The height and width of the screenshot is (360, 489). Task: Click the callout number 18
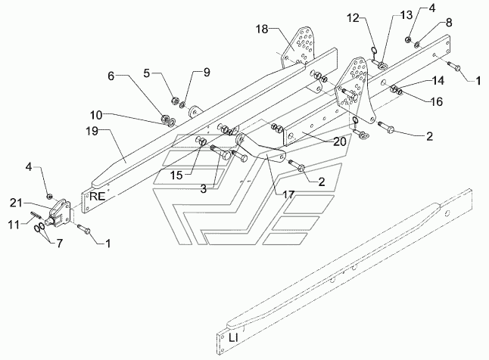point(262,29)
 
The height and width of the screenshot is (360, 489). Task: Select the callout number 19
point(92,132)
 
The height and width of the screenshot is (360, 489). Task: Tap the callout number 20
point(340,141)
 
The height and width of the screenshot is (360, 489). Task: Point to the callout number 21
point(16,203)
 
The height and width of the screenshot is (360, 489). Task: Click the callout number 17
point(288,195)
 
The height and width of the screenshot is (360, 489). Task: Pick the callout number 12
point(354,18)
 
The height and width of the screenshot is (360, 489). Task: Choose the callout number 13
point(406,14)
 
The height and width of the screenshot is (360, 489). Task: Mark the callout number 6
point(111,76)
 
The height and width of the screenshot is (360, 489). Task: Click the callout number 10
point(96,115)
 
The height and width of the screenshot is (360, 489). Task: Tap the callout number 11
point(14,225)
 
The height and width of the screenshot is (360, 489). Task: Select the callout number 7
point(59,243)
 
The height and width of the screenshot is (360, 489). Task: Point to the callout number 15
point(176,175)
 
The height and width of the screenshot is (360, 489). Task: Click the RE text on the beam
point(98,197)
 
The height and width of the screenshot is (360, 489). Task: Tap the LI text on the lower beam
point(233,338)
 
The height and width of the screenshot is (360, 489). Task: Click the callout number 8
point(449,23)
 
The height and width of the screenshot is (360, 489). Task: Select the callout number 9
point(207,73)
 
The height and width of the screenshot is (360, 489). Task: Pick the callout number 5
point(147,73)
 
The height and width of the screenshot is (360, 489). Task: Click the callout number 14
point(438,81)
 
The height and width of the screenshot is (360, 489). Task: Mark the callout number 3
point(204,188)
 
